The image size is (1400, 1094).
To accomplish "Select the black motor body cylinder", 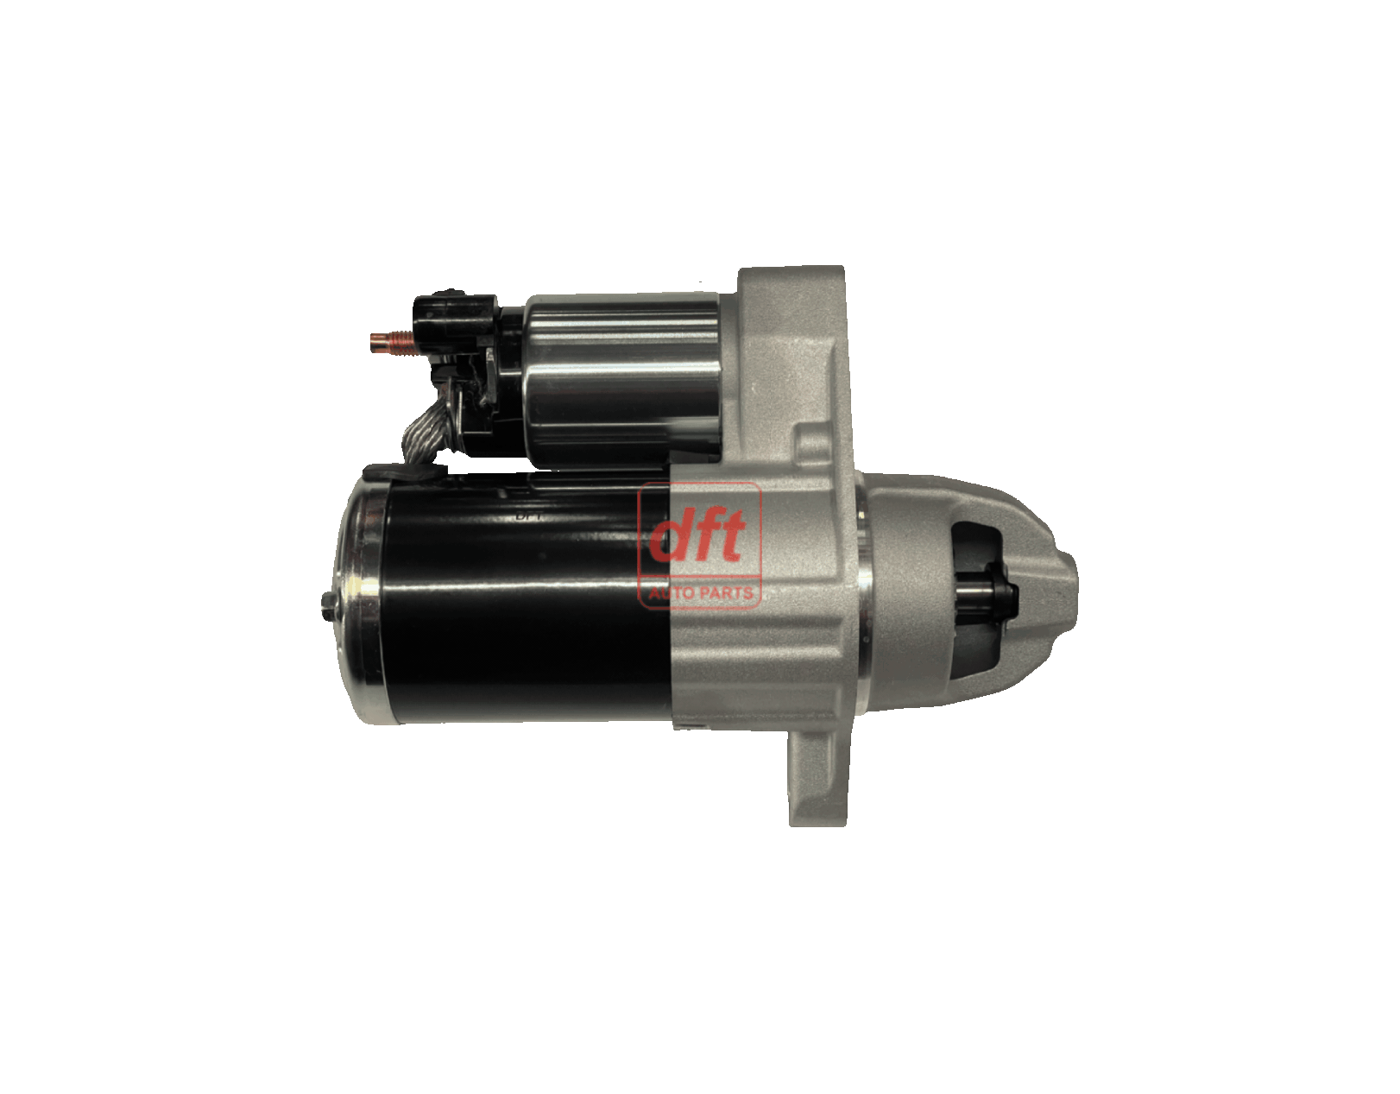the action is point(525,599).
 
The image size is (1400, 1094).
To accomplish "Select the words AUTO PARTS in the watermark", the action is point(700,592).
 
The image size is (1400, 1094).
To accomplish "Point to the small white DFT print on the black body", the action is point(530,516).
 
